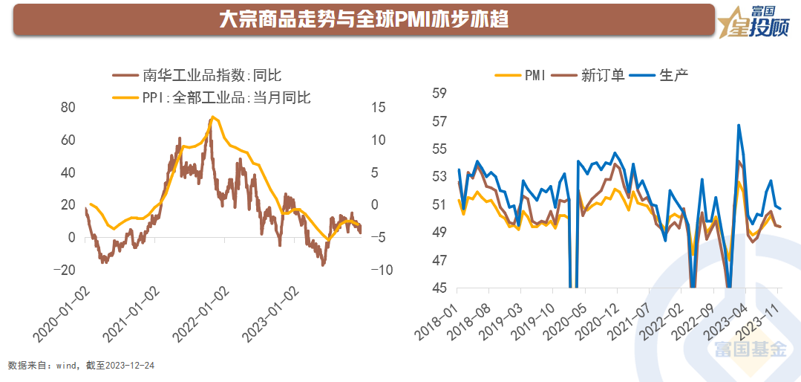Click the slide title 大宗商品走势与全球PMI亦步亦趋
[x=364, y=19]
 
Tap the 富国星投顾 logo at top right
[x=757, y=20]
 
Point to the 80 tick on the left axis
[x=68, y=107]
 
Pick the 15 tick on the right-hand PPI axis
[x=378, y=107]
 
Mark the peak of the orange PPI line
[x=213, y=117]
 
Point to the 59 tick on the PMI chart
[x=439, y=93]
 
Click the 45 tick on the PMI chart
[x=439, y=288]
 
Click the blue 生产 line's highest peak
[x=739, y=125]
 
